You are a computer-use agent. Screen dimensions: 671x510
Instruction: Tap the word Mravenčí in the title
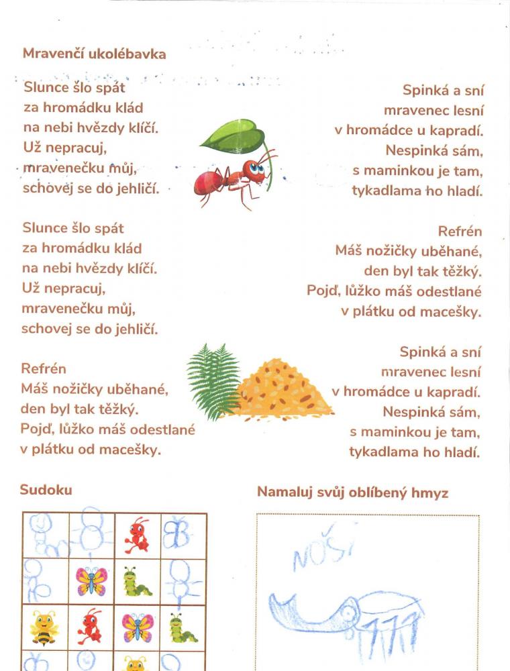[53, 54]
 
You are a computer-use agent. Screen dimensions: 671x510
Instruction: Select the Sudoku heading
[46, 490]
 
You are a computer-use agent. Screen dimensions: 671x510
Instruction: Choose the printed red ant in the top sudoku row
[138, 535]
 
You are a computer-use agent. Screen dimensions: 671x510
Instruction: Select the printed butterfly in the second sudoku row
[92, 581]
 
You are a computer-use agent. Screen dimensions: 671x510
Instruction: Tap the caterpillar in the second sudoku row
[138, 582]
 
